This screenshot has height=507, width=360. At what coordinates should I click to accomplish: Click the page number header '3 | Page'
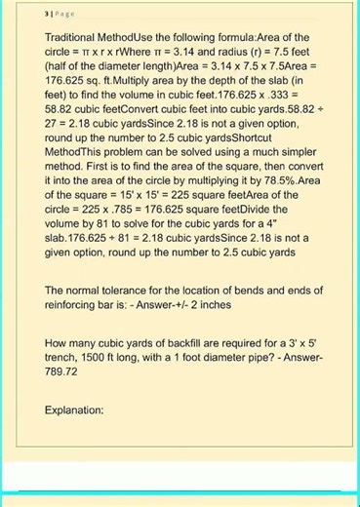(x=35, y=15)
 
